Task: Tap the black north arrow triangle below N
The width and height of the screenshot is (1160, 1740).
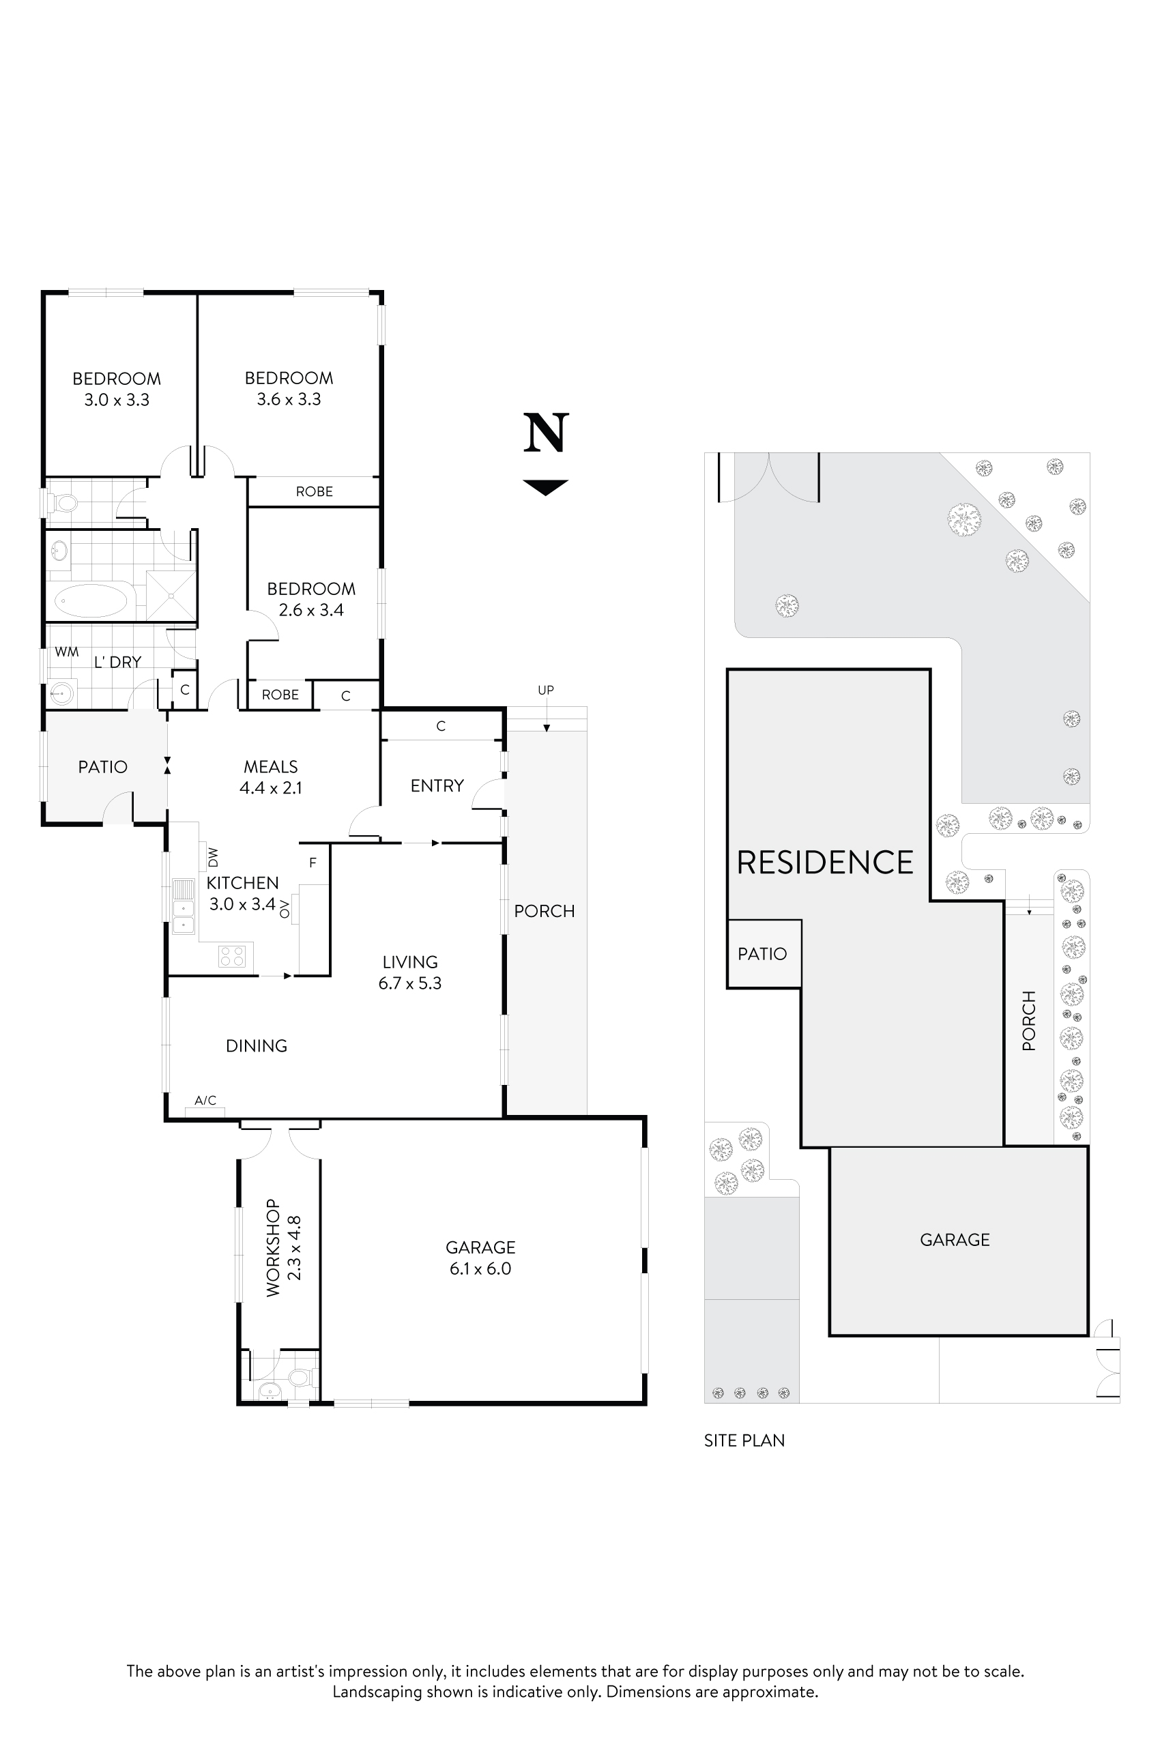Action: tap(546, 486)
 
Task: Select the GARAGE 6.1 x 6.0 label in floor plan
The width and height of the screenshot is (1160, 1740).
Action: tap(480, 1258)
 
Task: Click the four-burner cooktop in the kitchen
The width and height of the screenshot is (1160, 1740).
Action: tap(231, 956)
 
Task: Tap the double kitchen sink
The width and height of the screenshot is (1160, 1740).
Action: tap(183, 906)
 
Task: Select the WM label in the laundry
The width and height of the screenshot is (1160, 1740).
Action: tap(67, 652)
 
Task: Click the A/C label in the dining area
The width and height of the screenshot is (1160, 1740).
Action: tap(205, 1100)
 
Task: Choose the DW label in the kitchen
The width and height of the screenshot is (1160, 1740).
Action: tap(213, 858)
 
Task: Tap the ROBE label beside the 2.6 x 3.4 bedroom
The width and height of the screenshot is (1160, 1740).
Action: tap(280, 695)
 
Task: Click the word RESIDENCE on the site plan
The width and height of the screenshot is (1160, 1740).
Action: tap(825, 862)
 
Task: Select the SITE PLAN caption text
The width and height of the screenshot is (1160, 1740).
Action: tap(744, 1440)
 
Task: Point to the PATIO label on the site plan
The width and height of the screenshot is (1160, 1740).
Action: tap(762, 954)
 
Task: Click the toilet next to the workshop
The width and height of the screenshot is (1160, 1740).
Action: tap(300, 1378)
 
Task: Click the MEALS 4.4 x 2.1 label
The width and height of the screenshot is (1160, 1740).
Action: tap(271, 777)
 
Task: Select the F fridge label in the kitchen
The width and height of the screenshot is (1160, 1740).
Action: tap(313, 862)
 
